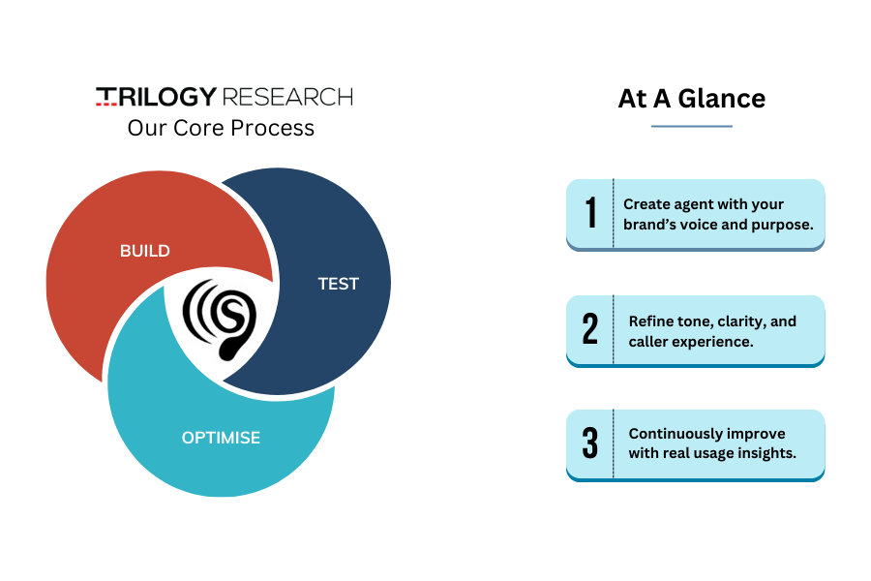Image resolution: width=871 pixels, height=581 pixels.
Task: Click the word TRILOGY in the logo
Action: click(156, 96)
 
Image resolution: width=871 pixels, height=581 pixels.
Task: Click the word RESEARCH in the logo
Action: click(287, 97)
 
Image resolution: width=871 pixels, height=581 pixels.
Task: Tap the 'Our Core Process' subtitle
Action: click(221, 128)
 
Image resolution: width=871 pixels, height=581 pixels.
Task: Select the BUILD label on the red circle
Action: click(145, 251)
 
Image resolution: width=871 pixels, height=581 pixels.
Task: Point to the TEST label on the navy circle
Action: click(339, 284)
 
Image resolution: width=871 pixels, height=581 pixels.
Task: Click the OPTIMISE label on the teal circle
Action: click(221, 438)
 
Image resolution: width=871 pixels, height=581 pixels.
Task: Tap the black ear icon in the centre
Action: click(220, 320)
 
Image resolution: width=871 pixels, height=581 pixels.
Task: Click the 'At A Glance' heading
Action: click(692, 99)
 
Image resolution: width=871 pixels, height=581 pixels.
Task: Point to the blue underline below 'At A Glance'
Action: click(692, 126)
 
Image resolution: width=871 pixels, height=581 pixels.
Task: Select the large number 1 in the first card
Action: click(591, 212)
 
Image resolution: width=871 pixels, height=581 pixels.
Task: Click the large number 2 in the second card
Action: click(590, 328)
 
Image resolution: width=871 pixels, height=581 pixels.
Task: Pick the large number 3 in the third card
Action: click(590, 443)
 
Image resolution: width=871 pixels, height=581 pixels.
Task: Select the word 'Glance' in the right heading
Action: click(722, 99)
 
